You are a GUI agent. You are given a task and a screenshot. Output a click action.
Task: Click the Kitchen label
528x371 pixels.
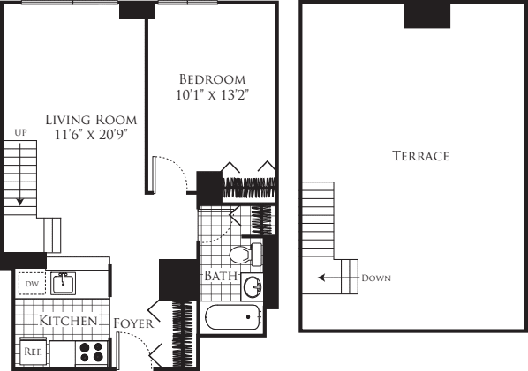[62, 322]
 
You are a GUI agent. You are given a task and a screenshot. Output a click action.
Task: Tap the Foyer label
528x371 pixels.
[136, 323]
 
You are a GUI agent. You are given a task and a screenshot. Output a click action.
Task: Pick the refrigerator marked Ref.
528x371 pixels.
[31, 351]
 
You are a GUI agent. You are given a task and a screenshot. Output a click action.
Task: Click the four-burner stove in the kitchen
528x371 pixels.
[90, 352]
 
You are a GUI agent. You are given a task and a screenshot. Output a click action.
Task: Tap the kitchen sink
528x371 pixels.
[62, 284]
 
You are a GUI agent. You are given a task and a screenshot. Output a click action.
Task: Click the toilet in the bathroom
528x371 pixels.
[240, 256]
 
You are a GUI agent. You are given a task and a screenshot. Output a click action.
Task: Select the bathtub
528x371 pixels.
[232, 317]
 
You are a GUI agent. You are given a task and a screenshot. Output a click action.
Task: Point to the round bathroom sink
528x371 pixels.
[253, 287]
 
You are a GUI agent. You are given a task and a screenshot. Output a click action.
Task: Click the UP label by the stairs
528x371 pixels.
[21, 132]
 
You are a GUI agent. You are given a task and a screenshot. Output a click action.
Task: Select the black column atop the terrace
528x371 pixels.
[428, 15]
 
